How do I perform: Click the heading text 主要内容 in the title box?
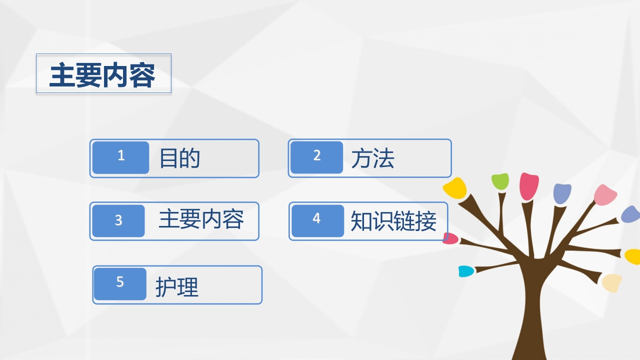coord(102,75)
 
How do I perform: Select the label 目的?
coord(179,158)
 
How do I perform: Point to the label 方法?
coord(372,158)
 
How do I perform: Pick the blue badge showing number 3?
coord(118,220)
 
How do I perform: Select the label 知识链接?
coord(393,220)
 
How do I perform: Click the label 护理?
coord(177,287)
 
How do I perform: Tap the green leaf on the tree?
coord(500,181)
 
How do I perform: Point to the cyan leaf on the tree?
coord(465,271)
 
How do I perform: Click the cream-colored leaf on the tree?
coord(612,282)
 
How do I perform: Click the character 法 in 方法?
coord(383,158)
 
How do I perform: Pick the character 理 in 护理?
coord(188,287)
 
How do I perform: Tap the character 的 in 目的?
coord(190,158)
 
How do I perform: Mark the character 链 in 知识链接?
coord(404,220)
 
